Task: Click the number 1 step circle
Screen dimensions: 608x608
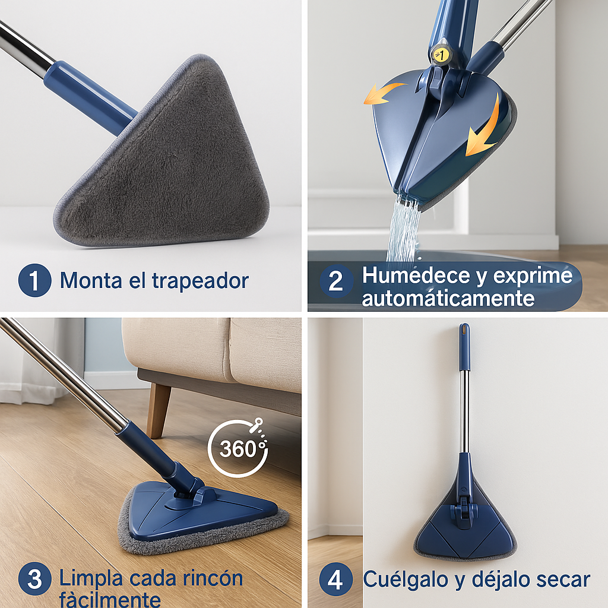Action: [35, 281]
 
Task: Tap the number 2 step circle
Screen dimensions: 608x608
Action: [336, 281]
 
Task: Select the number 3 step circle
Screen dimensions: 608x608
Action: [35, 579]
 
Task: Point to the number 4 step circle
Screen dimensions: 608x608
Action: [336, 579]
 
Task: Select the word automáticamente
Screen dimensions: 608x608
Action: [448, 298]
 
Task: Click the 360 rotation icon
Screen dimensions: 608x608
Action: [238, 448]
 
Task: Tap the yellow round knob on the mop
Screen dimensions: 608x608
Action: [441, 54]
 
